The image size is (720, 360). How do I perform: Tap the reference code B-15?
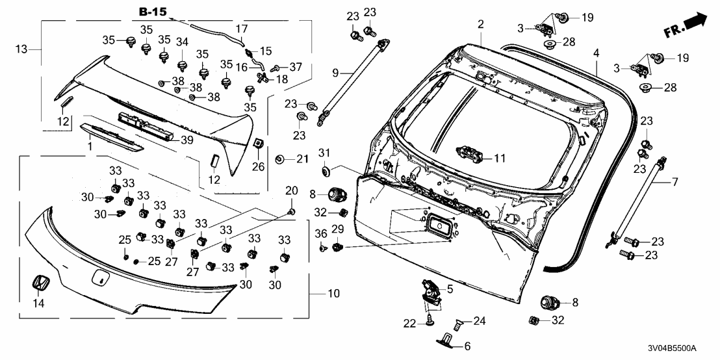153,12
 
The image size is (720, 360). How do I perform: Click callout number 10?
333,294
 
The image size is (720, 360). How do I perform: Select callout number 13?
21,49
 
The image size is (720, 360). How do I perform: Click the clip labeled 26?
257,144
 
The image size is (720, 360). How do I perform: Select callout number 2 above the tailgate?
481,24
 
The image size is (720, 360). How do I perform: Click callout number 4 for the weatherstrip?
595,53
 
